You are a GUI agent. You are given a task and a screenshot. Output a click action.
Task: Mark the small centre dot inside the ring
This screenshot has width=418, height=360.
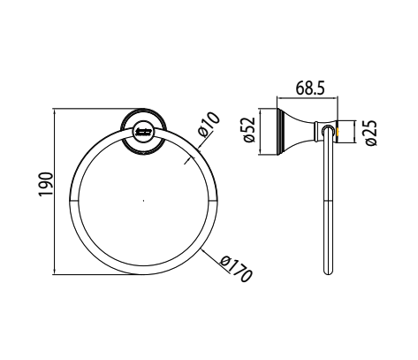142,203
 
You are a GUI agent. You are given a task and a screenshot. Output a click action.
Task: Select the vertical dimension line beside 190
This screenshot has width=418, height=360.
56,191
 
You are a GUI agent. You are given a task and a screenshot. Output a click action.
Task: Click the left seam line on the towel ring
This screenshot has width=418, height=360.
72,203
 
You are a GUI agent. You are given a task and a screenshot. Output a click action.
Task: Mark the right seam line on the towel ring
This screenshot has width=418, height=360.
212,203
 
